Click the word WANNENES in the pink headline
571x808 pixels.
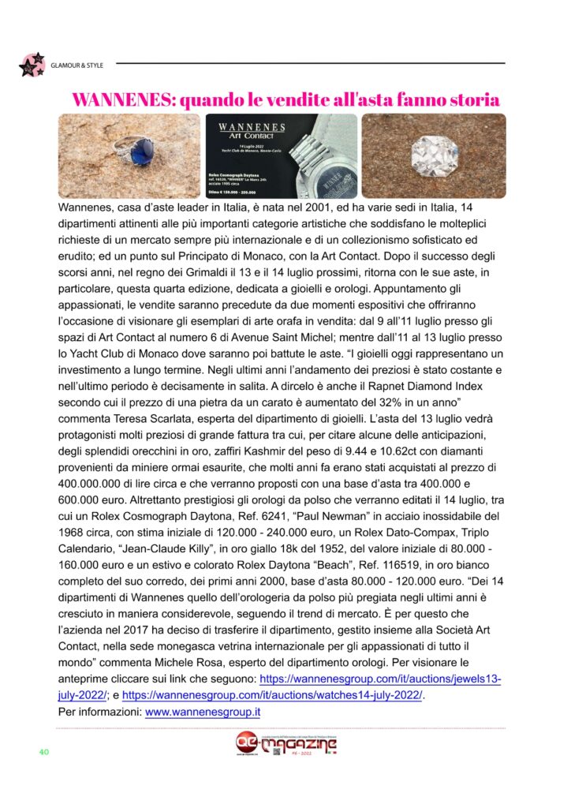(122, 100)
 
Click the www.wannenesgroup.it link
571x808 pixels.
(203, 712)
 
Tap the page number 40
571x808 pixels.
(45, 751)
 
